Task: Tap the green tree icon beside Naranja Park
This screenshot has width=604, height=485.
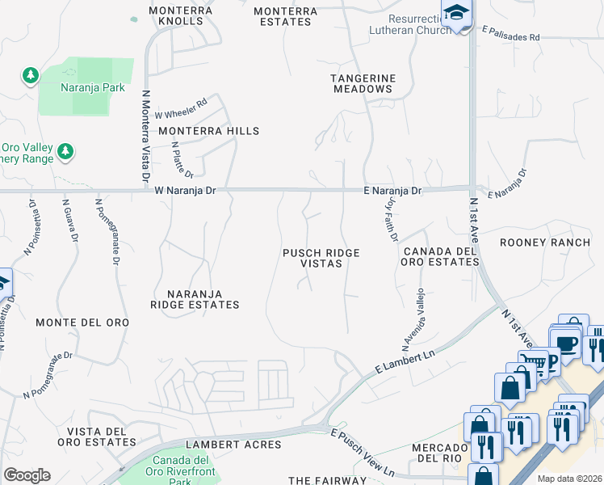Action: click(31, 76)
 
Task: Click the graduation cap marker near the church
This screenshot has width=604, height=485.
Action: click(456, 14)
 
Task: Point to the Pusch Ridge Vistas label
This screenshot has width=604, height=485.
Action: click(321, 259)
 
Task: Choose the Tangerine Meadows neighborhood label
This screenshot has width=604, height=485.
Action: click(363, 83)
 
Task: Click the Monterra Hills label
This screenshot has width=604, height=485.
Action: click(209, 131)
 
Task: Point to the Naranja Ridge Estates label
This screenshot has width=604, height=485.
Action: click(195, 299)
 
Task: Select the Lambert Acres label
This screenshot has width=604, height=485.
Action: click(233, 445)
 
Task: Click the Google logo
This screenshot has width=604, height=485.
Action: click(27, 475)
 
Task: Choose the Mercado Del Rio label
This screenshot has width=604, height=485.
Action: click(440, 453)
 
